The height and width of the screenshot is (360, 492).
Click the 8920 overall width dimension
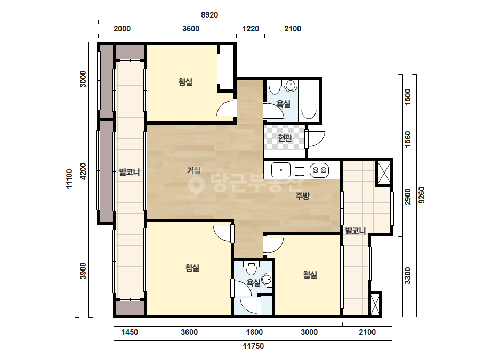click(209, 15)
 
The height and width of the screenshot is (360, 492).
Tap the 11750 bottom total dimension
click(253, 346)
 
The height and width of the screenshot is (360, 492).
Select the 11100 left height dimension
click(69, 178)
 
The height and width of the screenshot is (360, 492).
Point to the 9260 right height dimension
click(422, 195)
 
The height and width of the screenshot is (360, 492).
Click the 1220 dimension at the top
click(251, 29)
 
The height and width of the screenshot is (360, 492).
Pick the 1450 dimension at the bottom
click(130, 332)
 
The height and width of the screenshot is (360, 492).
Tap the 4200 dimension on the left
click(83, 171)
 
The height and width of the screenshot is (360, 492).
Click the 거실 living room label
click(194, 170)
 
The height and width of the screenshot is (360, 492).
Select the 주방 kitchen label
click(302, 196)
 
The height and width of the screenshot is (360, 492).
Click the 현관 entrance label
click(285, 138)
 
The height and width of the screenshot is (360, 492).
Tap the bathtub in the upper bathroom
click(309, 101)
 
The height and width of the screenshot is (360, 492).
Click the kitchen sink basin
click(281, 170)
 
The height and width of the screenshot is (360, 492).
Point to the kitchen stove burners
click(319, 170)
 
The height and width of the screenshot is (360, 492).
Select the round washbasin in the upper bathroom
click(291, 86)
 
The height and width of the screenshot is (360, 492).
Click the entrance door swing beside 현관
click(315, 139)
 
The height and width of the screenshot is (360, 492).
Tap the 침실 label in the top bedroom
click(185, 82)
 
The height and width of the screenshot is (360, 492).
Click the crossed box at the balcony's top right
click(384, 173)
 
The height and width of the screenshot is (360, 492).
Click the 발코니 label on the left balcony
click(130, 172)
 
